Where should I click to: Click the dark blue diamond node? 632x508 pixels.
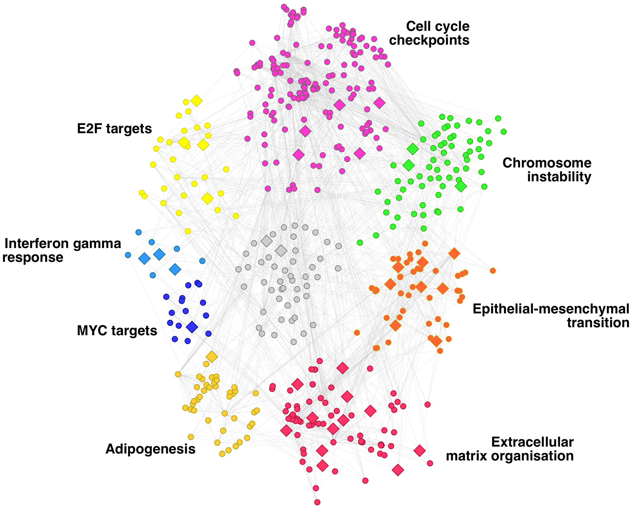(x=192, y=327)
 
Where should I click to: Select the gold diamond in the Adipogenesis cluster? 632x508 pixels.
(x=212, y=356)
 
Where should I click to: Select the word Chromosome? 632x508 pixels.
(x=547, y=163)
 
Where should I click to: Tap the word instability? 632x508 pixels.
(x=559, y=177)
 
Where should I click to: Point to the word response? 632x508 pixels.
(x=33, y=257)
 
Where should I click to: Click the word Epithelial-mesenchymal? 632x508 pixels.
(x=551, y=309)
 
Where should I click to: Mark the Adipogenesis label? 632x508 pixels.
(x=150, y=449)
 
